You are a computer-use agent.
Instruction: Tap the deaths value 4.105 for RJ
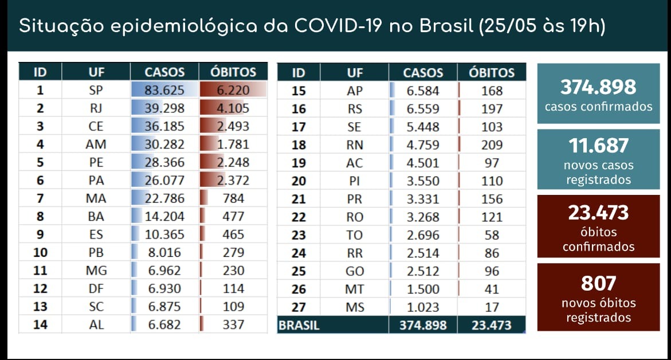click(233, 108)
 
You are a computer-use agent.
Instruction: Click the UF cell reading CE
click(96, 127)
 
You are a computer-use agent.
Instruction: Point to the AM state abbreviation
click(96, 144)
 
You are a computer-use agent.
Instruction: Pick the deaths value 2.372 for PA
click(233, 181)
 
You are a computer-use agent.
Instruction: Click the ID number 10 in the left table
click(40, 252)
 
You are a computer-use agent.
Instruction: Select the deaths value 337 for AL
click(233, 324)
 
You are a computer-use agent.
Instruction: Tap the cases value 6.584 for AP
click(423, 91)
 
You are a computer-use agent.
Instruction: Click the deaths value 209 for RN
click(492, 144)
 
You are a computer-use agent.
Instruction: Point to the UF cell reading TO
click(355, 235)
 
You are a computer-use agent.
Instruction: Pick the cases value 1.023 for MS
click(423, 307)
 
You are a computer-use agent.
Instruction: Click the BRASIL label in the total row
click(299, 325)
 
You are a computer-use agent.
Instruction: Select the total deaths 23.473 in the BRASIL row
click(492, 325)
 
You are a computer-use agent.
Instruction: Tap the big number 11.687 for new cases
click(598, 146)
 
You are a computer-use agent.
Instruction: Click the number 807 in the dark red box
click(598, 283)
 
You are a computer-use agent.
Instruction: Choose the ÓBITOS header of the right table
click(492, 73)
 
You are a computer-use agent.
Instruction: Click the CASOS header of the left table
click(164, 72)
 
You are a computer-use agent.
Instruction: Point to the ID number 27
click(299, 307)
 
